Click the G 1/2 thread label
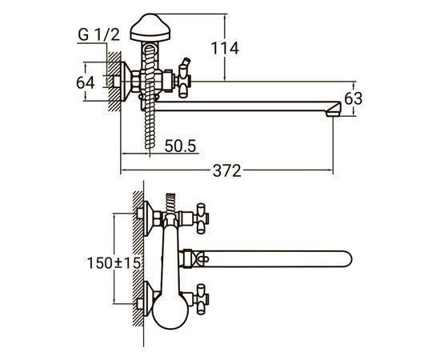tap(98, 34)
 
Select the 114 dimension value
tap(225, 48)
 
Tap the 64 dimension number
tap(86, 82)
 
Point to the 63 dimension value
tap(354, 98)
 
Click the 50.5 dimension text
tap(180, 146)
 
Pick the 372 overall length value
tap(226, 170)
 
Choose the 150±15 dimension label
tap(114, 263)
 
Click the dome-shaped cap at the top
tap(150, 27)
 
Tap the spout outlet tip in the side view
tap(334, 110)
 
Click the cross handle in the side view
tap(184, 82)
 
